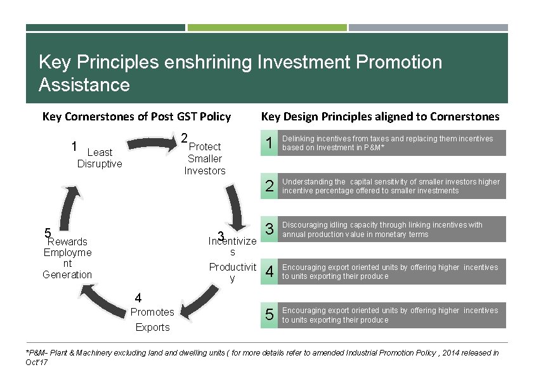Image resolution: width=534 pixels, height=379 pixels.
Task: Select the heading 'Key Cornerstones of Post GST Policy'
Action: click(136, 116)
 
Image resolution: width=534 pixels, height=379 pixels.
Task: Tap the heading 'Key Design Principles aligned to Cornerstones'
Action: click(381, 116)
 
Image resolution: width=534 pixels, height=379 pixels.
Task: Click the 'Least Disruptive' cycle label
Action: click(99, 158)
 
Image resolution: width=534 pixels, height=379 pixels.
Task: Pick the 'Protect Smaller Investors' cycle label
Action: click(205, 158)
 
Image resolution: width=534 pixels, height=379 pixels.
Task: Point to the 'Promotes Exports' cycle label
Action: click(152, 319)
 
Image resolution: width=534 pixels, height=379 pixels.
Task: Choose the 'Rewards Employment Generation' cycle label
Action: click(67, 258)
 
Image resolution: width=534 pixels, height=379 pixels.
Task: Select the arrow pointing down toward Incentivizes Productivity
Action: click(238, 209)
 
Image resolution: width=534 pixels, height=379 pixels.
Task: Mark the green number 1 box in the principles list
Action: click(270, 143)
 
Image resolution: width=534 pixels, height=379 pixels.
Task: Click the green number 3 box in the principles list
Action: click(270, 229)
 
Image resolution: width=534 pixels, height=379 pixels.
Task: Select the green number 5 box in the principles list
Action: click(270, 316)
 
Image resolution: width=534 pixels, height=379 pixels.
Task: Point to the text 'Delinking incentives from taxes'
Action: click(387, 143)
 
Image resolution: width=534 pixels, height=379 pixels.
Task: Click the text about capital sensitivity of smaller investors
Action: click(391, 186)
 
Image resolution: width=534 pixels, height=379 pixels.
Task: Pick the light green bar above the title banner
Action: click(267, 27)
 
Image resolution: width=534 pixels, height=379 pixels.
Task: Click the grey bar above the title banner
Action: click(428, 27)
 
